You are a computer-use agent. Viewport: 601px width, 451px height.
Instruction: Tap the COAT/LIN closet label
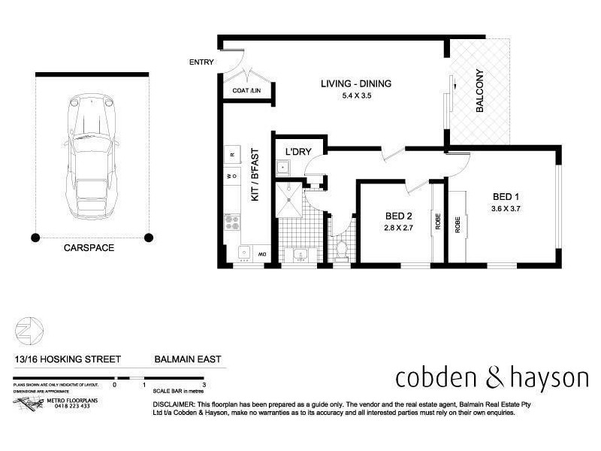tap(247, 92)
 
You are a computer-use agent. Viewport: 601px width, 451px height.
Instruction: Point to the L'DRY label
tap(298, 152)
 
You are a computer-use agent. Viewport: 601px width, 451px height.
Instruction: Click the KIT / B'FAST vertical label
tap(255, 174)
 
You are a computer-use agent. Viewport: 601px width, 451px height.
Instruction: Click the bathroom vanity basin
tap(300, 254)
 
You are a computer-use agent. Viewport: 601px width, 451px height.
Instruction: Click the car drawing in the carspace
tap(92, 154)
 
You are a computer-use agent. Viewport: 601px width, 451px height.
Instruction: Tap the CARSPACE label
tap(89, 247)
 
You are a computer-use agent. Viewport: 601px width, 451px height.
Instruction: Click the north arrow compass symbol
tap(29, 329)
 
